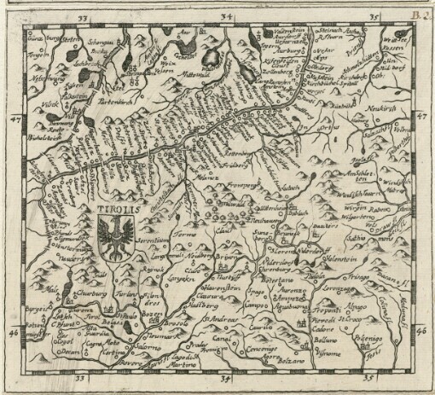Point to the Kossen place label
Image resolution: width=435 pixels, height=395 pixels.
point(394,49)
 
